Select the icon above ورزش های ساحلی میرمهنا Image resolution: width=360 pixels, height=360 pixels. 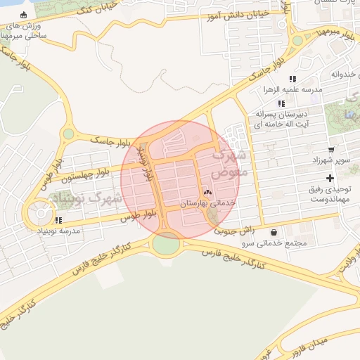click(x=24, y=15)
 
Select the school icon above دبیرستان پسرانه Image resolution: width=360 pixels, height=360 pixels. click(x=282, y=103)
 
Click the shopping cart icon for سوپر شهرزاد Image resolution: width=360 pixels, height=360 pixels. click(x=331, y=150)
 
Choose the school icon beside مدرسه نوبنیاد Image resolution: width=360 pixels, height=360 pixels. click(x=58, y=220)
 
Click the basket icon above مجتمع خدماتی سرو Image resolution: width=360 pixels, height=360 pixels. click(x=274, y=232)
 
